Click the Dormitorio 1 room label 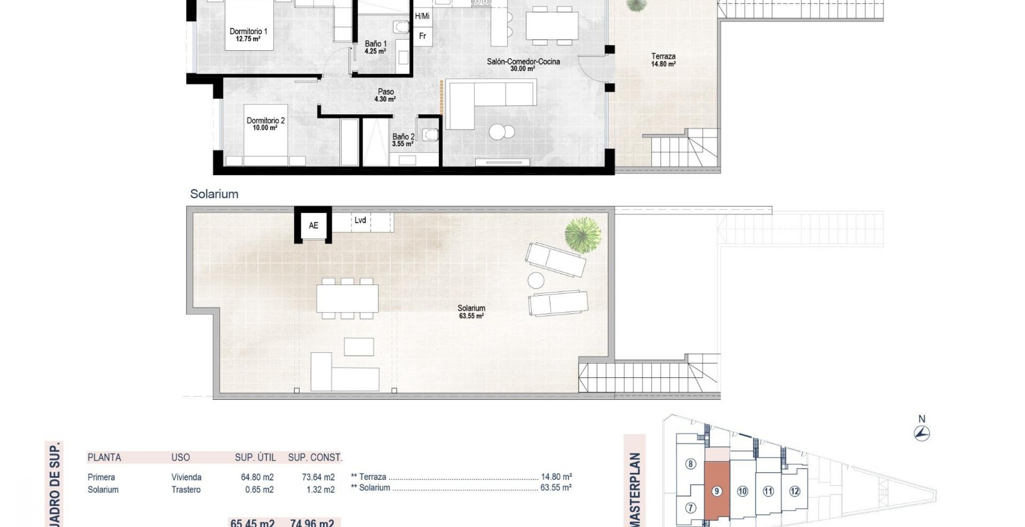248,35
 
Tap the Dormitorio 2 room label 266,124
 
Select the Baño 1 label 375,47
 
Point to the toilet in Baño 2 429,133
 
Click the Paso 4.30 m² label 385,95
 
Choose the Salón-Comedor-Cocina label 523,65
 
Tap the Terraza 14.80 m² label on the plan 663,60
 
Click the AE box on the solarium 313,225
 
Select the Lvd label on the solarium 360,220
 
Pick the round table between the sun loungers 536,280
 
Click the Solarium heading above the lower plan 214,194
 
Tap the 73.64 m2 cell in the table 318,477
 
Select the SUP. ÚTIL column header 255,457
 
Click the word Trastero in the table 186,490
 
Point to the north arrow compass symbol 922,433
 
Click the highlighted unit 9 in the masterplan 716,491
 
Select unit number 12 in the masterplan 795,491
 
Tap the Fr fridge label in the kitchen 422,36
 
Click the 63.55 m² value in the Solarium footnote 556,487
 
